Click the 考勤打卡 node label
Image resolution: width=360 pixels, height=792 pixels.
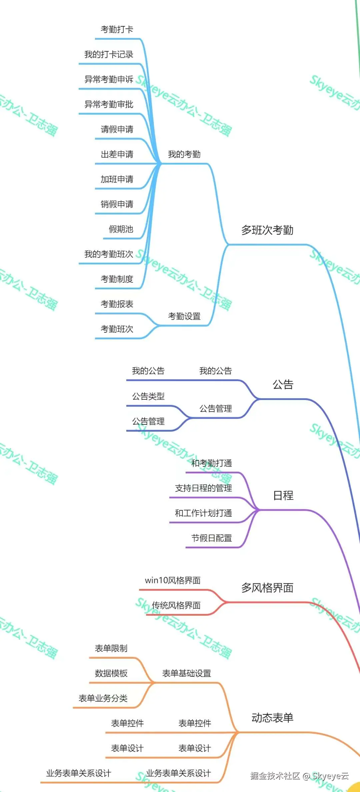117,30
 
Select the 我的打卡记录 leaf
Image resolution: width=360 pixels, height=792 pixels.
109,55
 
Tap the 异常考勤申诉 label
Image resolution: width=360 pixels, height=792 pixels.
109,80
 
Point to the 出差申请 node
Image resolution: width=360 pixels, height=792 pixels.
117,154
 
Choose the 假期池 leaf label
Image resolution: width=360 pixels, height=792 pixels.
121,229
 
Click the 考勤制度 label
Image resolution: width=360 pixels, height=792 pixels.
117,279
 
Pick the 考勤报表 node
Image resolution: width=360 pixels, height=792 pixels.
117,304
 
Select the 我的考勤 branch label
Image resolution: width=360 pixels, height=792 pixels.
184,154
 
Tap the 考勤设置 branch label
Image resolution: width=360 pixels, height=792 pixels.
184,316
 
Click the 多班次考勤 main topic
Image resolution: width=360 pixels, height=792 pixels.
267,230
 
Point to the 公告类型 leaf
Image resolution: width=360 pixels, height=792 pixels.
148,396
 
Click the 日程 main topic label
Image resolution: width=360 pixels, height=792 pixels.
283,496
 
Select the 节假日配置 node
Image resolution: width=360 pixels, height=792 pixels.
212,538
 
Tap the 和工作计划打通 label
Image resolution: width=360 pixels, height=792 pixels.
203,513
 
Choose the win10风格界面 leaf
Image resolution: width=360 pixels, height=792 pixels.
173,580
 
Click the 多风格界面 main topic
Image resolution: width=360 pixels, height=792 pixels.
267,588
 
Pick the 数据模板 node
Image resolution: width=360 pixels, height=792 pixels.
111,673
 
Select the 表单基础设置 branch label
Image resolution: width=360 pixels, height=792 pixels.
187,673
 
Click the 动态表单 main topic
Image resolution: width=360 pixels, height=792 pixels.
272,718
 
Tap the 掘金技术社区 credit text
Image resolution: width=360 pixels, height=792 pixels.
275,776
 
